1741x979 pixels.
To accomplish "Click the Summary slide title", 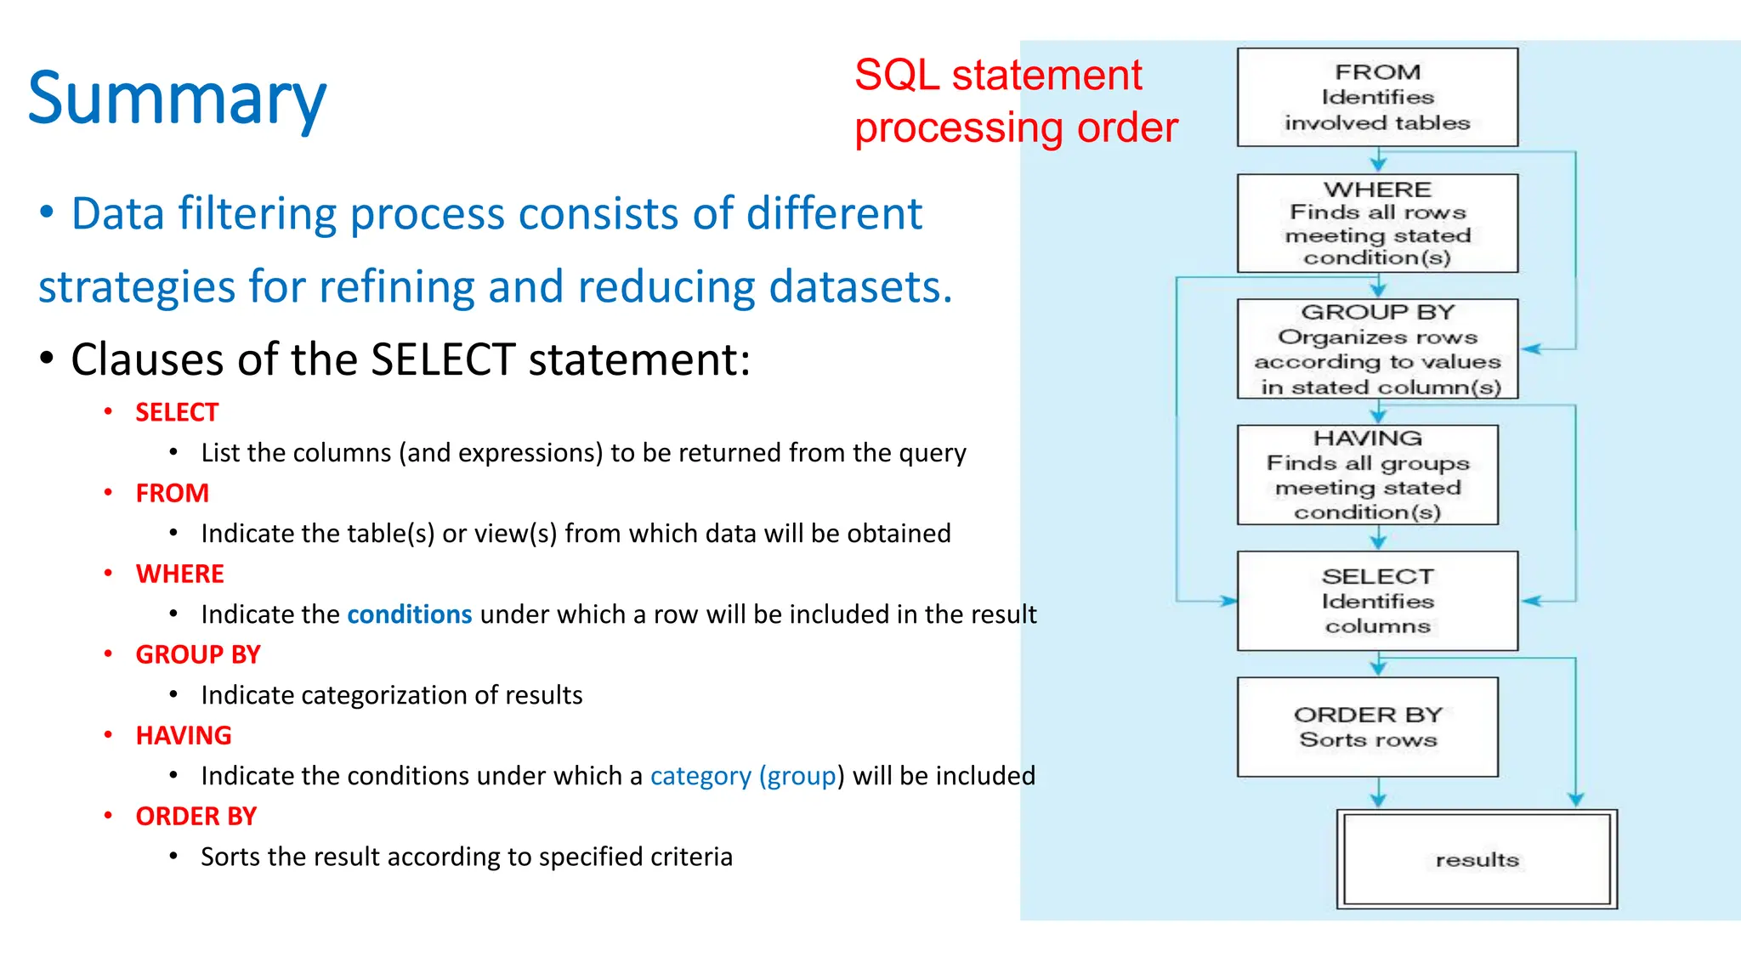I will coord(177,99).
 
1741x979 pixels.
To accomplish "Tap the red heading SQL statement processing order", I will coord(1015,101).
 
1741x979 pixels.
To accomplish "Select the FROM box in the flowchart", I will coord(1377,98).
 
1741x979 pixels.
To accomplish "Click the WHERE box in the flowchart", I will coord(1377,224).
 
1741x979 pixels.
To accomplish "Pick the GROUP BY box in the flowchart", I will coord(1377,349).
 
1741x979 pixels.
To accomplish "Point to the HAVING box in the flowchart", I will coord(1367,475).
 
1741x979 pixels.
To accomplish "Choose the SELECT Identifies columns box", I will coord(1377,601).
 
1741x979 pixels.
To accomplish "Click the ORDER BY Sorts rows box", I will coord(1367,727).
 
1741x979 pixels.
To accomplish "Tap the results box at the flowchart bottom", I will coord(1477,859).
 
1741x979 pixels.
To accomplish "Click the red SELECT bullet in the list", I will coord(177,412).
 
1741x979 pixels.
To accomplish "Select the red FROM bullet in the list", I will coord(172,493).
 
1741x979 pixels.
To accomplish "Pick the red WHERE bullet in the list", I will coord(179,574).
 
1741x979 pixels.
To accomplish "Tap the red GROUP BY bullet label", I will coord(197,654).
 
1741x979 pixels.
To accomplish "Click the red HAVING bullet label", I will coord(184,735).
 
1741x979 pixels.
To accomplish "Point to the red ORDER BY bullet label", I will coord(196,816).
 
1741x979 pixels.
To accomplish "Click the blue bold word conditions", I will coord(409,614).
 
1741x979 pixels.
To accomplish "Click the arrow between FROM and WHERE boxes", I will coord(1378,161).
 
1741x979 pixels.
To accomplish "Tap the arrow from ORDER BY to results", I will coord(1378,793).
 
